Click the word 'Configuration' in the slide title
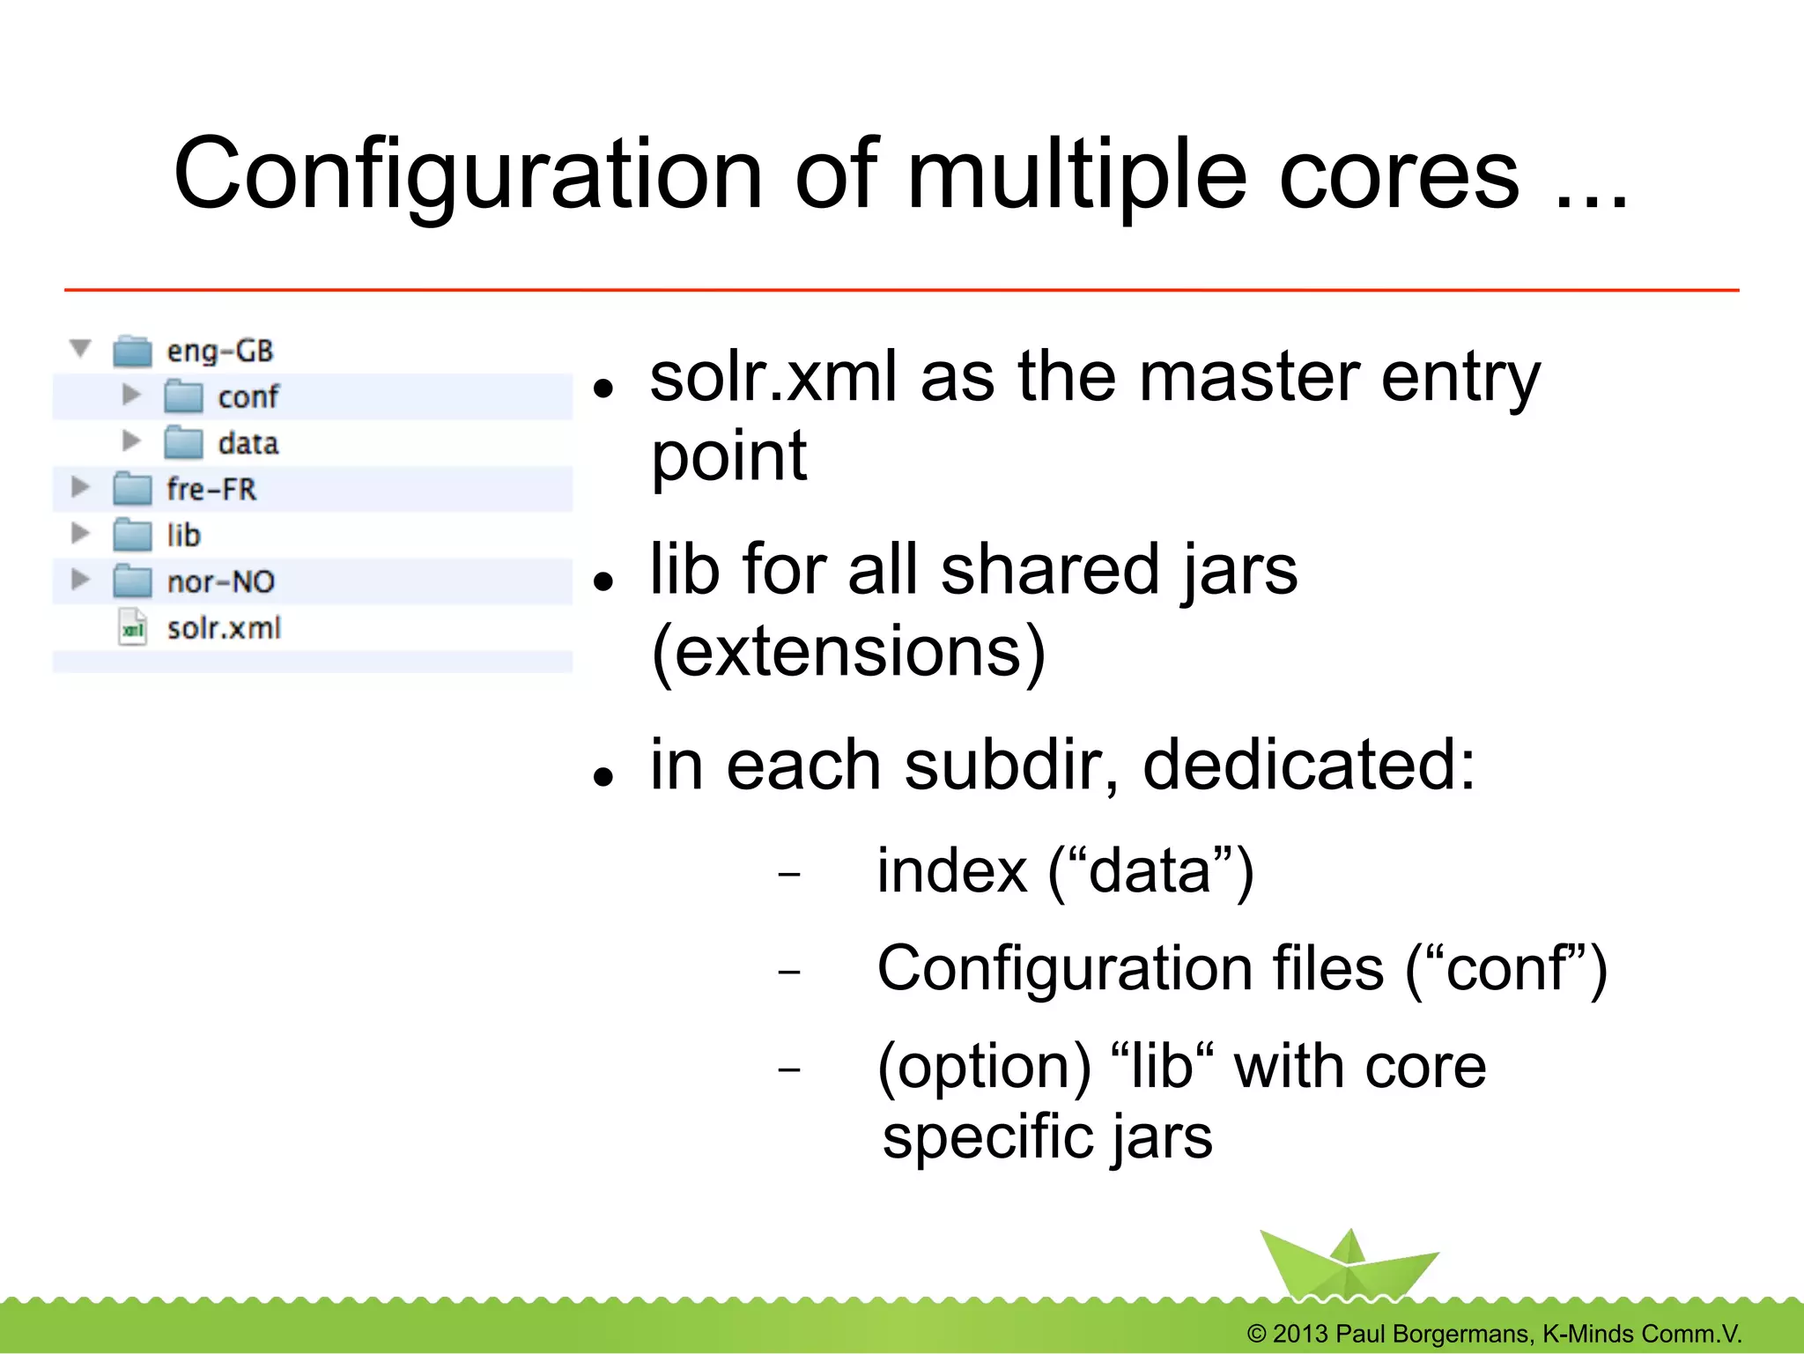point(467,176)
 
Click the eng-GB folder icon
point(132,351)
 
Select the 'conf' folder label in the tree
point(248,397)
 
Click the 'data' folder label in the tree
point(248,443)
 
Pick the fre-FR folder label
point(211,489)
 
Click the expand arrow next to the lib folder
point(80,533)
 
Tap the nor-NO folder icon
point(132,581)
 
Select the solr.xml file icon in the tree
point(132,628)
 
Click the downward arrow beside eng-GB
point(80,349)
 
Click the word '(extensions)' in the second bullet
point(847,652)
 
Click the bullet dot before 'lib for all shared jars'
point(603,581)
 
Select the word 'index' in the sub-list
point(951,872)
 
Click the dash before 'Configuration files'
point(789,973)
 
